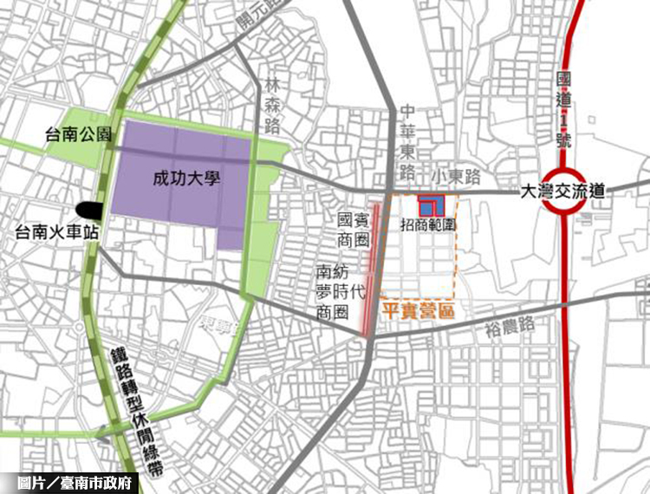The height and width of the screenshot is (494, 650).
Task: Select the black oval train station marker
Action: click(88, 209)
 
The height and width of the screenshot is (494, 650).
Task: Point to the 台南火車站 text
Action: click(53, 231)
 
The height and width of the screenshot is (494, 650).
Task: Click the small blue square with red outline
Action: click(431, 205)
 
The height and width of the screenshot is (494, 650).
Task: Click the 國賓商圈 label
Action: click(354, 229)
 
